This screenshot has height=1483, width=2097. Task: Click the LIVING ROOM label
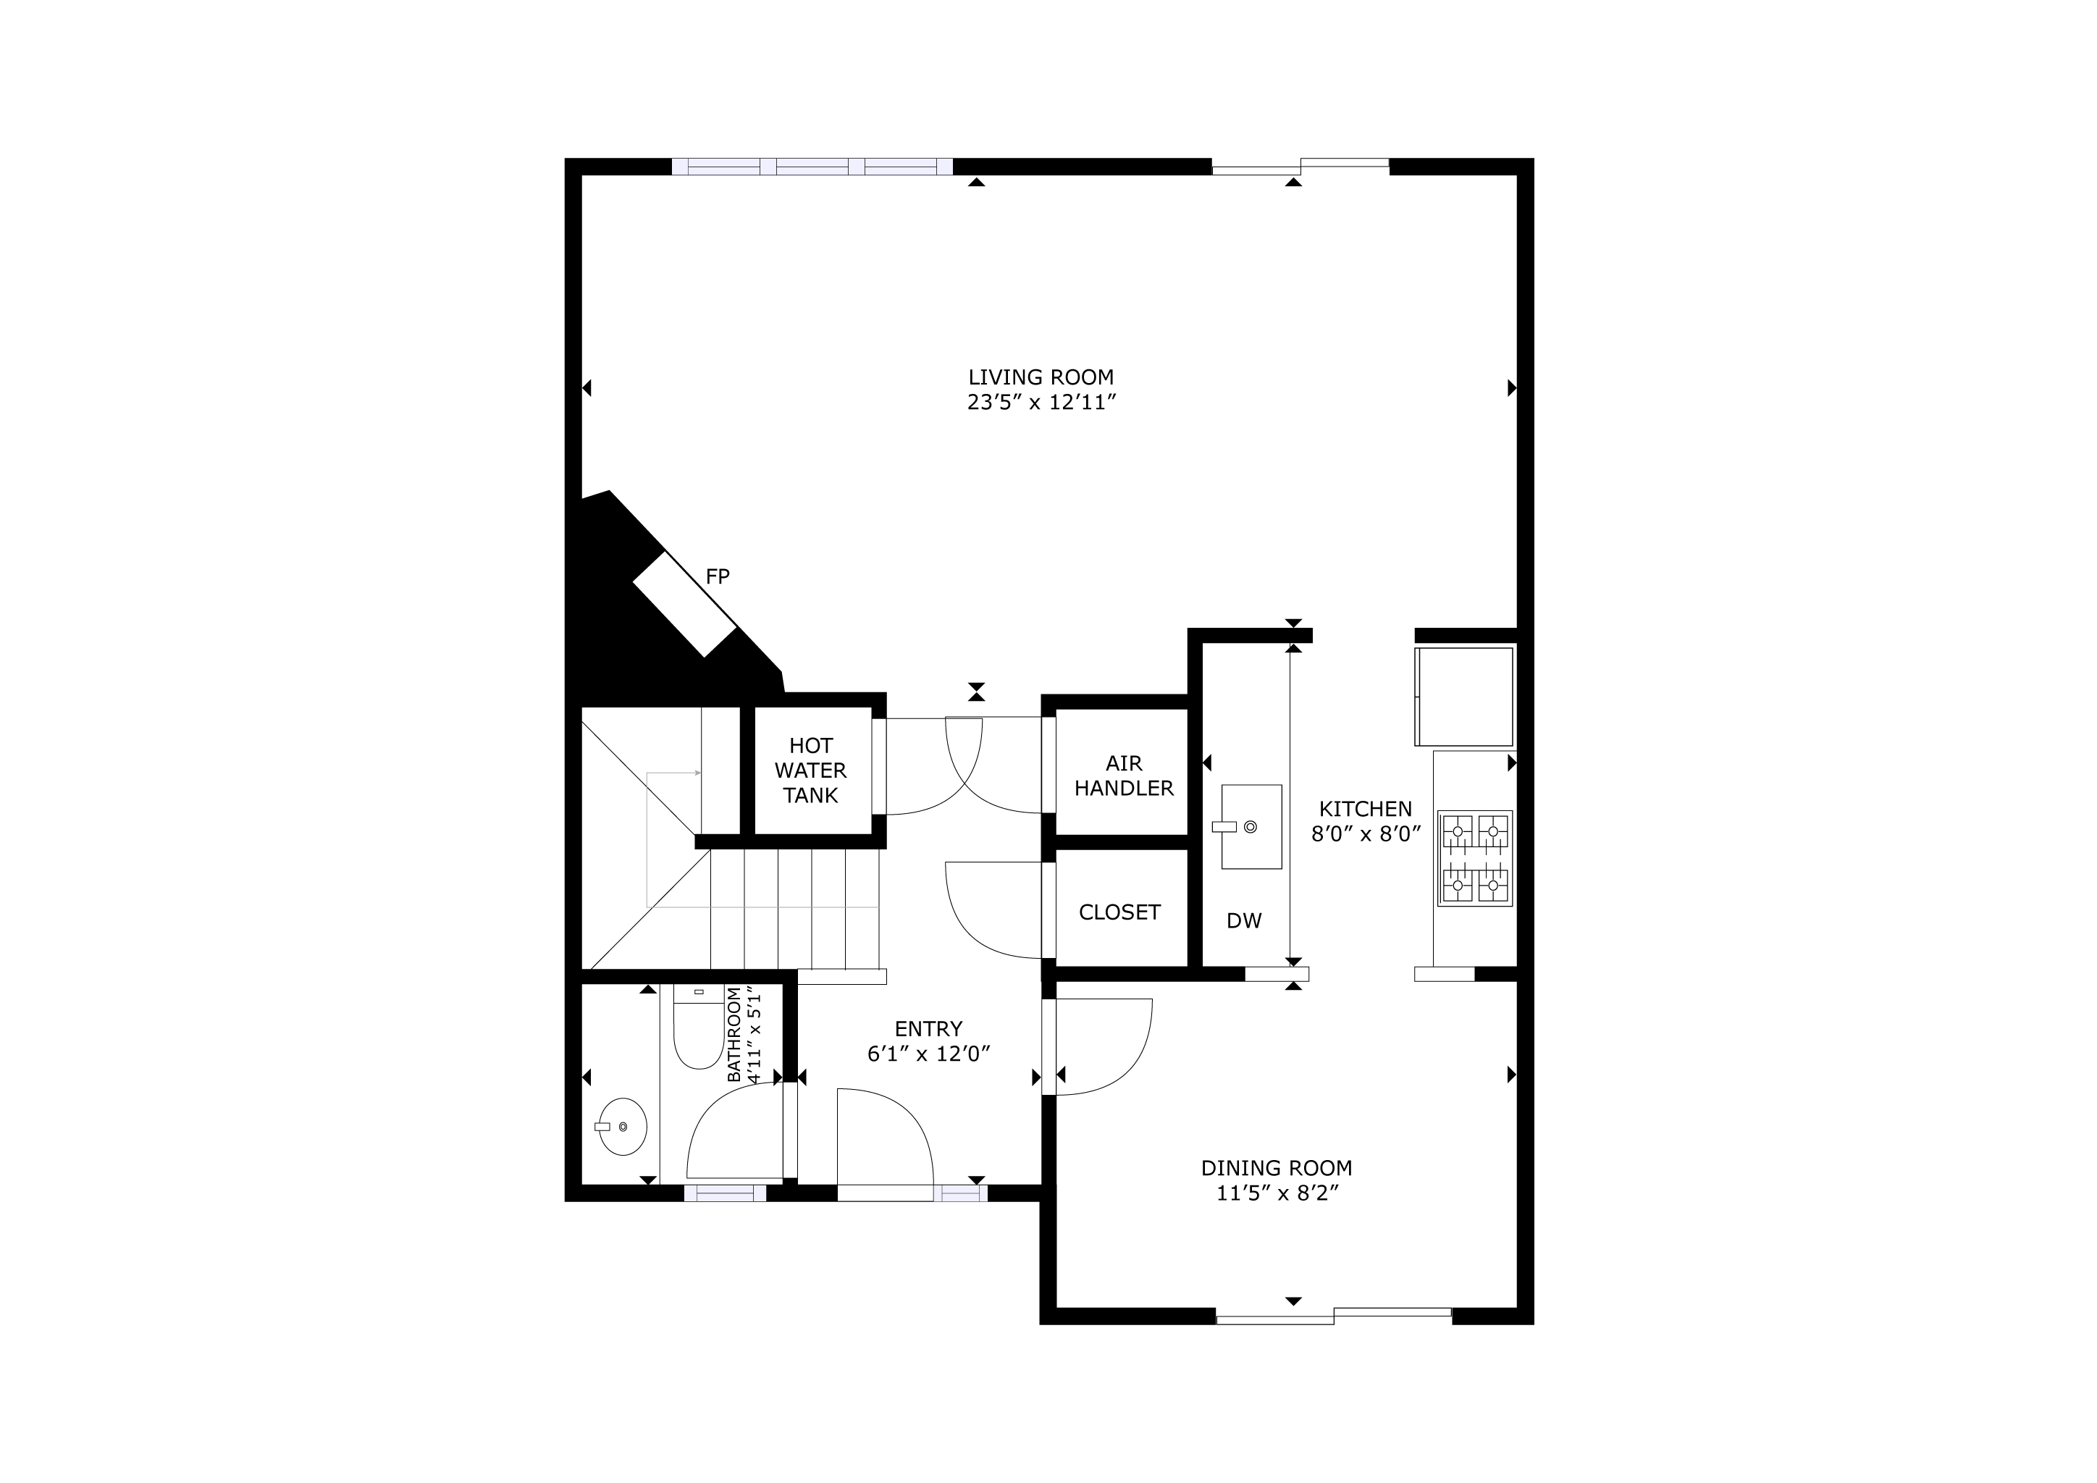coord(1041,377)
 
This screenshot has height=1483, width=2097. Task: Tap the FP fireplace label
coord(718,576)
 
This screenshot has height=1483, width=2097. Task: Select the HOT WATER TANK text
coord(811,770)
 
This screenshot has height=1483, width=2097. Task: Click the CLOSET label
coord(1119,912)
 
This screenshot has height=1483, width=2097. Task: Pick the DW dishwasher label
coord(1244,920)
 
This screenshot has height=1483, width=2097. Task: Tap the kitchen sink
coord(1251,826)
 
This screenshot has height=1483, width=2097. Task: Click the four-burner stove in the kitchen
coord(1475,858)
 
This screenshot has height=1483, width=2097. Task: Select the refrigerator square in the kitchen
coord(1464,697)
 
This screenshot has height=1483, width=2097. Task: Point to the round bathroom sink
coord(622,1127)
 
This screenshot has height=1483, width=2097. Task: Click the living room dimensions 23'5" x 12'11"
coord(1042,403)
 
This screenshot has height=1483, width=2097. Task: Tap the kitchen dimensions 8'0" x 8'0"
coord(1366,833)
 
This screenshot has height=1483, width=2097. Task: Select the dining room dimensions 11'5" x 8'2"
coord(1277,1193)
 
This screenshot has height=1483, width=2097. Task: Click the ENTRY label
coord(928,1029)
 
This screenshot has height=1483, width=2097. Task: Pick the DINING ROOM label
coord(1277,1168)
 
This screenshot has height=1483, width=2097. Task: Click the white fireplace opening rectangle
coord(685,604)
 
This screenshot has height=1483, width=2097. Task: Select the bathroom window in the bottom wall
coord(725,1193)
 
